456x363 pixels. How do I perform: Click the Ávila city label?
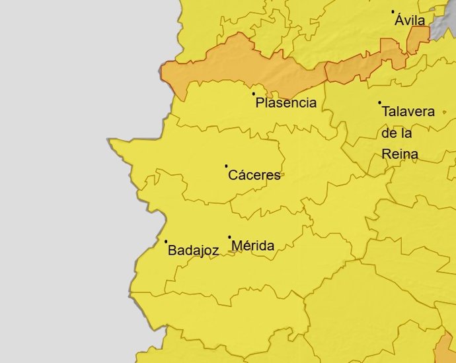tap(410, 20)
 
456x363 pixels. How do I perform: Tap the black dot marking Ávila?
tap(393, 12)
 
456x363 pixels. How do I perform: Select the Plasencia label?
tap(285, 103)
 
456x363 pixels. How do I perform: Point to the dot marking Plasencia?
tap(254, 94)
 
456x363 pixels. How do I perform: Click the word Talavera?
tap(408, 112)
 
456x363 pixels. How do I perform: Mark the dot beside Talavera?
tap(379, 102)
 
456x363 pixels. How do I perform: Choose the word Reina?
tap(400, 154)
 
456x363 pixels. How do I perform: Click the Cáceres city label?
tap(254, 176)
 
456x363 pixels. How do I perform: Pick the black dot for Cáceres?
tap(226, 166)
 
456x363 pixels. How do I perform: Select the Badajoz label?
tap(193, 251)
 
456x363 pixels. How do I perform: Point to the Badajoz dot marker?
tap(166, 242)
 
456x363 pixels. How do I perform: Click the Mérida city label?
tap(252, 246)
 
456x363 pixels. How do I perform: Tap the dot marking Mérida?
tap(230, 237)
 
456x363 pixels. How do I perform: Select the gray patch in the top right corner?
tap(442, 13)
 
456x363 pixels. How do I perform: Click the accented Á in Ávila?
tap(400, 20)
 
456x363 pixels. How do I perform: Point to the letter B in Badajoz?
tap(172, 251)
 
